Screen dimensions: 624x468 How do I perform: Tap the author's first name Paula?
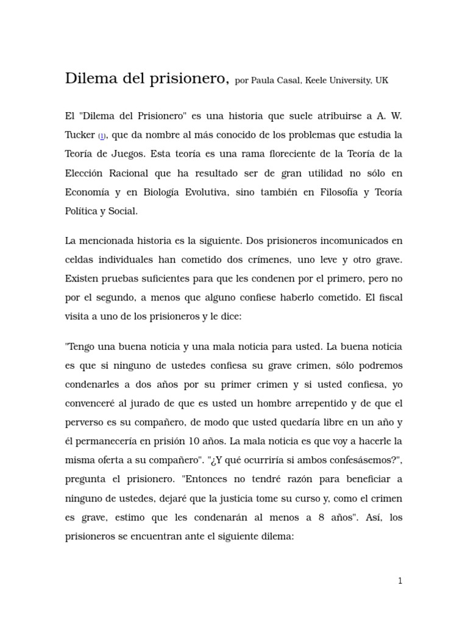click(263, 81)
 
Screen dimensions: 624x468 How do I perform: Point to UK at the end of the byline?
click(381, 81)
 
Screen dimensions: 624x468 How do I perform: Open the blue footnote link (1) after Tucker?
click(102, 136)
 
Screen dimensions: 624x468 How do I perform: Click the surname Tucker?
click(80, 135)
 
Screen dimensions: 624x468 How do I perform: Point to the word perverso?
click(85, 423)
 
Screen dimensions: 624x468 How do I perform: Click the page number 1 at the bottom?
click(400, 581)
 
